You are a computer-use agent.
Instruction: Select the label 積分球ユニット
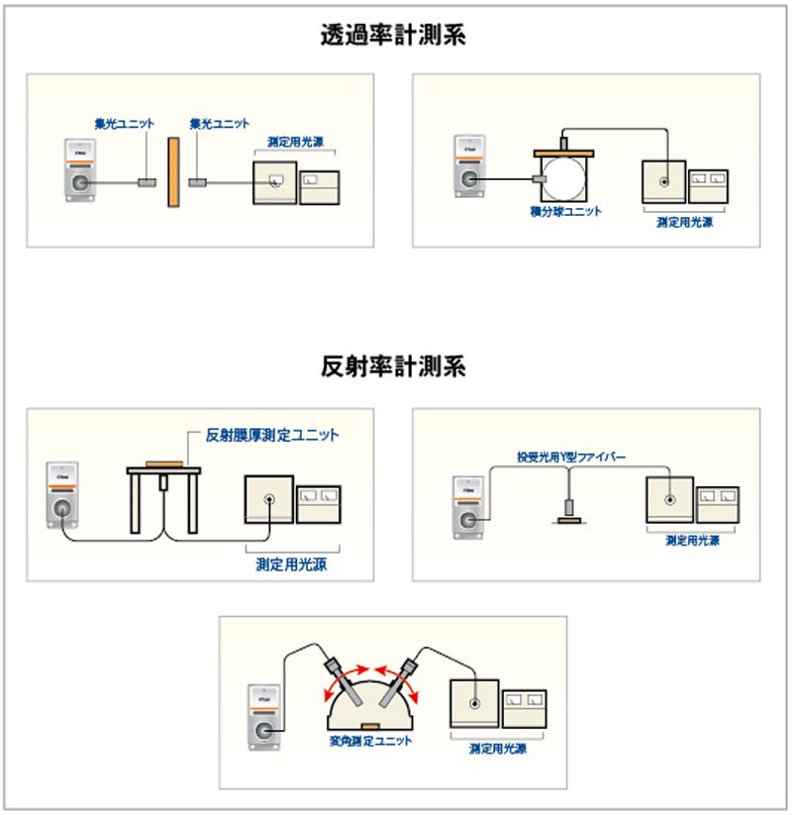[565, 211]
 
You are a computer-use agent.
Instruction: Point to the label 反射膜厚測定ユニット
[271, 435]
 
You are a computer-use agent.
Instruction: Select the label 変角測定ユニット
[370, 741]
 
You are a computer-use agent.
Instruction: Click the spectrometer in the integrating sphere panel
[467, 169]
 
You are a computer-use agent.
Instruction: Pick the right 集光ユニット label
[219, 123]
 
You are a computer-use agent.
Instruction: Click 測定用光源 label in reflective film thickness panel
[291, 564]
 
